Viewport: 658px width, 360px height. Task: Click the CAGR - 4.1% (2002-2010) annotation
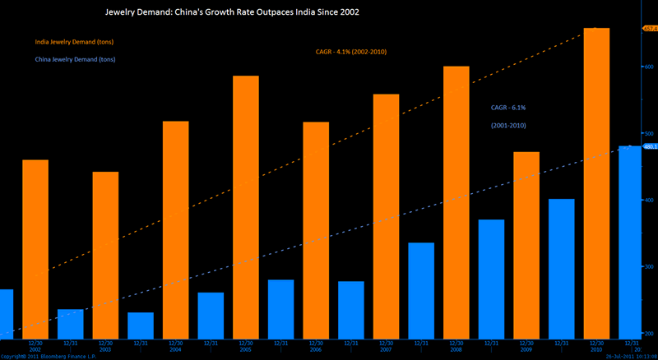[x=351, y=52]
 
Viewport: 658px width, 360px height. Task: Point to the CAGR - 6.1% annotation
[x=507, y=108]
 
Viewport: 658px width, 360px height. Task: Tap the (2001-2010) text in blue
[x=507, y=126]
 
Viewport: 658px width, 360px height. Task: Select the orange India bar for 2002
[x=35, y=247]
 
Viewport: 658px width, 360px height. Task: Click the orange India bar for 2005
[x=245, y=205]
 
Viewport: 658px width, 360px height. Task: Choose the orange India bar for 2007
[x=386, y=214]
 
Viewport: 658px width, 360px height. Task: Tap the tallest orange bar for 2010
[x=596, y=181]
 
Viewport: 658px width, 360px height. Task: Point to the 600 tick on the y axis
[x=649, y=67]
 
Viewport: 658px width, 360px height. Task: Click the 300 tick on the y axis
[x=649, y=267]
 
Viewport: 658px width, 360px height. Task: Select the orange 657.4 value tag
[x=648, y=29]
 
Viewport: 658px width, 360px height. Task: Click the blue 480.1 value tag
[x=648, y=147]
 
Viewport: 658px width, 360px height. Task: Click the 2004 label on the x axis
[x=175, y=349]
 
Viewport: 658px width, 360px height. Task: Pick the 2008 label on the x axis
[x=456, y=349]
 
